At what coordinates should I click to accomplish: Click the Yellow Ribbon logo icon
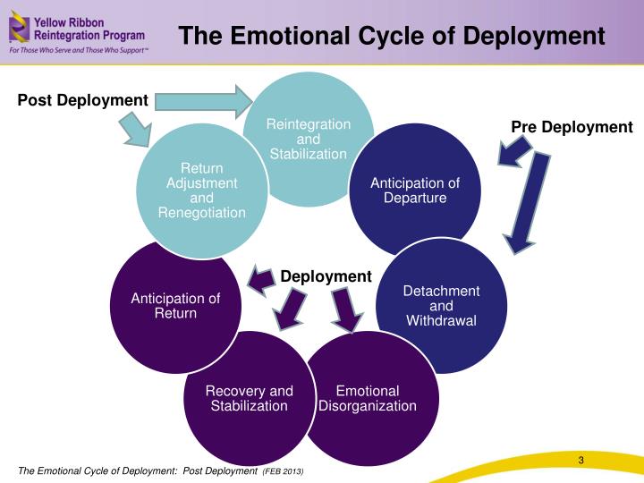(19, 27)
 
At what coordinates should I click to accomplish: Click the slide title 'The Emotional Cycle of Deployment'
(392, 35)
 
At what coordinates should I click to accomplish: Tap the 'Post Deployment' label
(82, 100)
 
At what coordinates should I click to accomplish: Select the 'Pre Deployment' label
(572, 127)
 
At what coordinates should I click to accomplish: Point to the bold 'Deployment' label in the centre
(326, 276)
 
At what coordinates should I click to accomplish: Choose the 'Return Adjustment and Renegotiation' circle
(202, 191)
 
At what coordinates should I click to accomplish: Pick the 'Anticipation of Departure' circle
(415, 190)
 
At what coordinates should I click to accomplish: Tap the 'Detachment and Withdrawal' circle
(442, 306)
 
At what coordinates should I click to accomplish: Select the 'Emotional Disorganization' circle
(372, 398)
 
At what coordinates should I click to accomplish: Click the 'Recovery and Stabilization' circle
(250, 397)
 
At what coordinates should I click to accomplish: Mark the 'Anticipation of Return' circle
(175, 307)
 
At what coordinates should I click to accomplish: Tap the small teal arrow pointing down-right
(136, 130)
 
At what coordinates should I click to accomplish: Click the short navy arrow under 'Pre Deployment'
(514, 151)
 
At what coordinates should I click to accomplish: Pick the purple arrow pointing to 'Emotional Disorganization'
(346, 309)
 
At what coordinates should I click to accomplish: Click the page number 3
(580, 460)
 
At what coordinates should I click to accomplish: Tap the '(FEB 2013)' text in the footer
(283, 471)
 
